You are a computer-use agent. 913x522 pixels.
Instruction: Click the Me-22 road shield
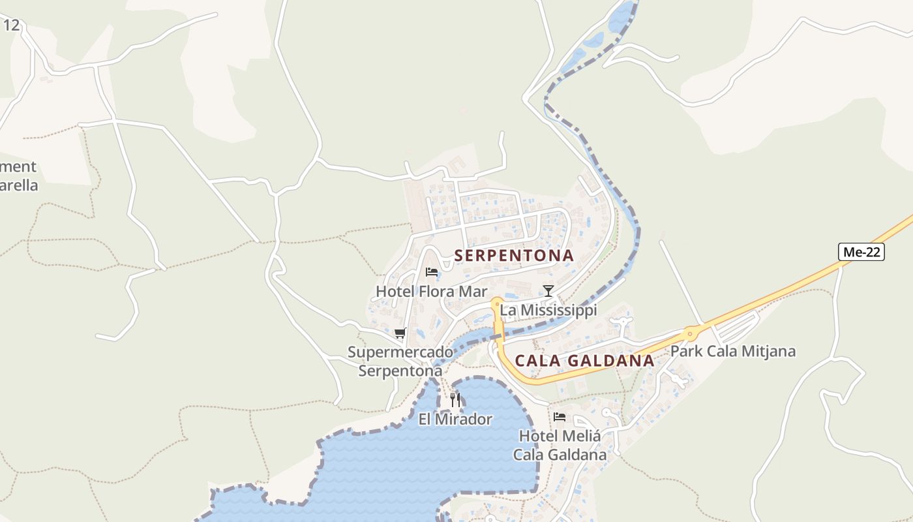[861, 252]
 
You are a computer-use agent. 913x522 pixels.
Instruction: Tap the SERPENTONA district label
[514, 255]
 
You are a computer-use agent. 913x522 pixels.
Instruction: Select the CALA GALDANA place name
[584, 361]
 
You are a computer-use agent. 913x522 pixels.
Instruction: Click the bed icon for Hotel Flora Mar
[431, 271]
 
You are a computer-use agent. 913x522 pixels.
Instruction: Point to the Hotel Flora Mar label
[431, 291]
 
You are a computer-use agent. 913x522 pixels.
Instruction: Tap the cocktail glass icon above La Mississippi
[548, 290]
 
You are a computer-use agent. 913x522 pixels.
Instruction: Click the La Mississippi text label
[548, 310]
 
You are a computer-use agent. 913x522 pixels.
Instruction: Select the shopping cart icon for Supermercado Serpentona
[400, 333]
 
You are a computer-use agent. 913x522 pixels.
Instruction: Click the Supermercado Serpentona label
[400, 361]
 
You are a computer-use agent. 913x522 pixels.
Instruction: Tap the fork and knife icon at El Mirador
[455, 399]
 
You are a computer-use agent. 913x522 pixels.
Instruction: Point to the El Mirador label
[455, 419]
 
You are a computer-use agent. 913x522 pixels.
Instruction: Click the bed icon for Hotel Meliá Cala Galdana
[559, 416]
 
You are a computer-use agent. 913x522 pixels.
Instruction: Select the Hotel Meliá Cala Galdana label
[560, 444]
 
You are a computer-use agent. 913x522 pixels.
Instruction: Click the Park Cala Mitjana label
[732, 351]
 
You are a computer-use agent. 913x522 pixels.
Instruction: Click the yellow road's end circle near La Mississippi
[497, 303]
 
